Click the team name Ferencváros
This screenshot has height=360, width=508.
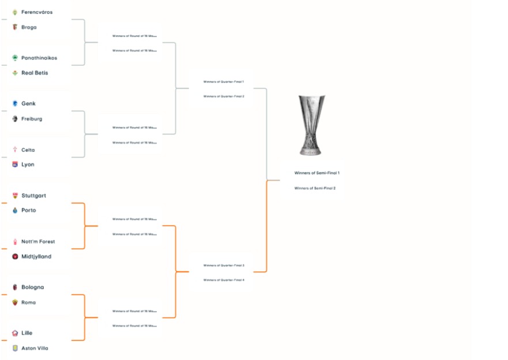point(37,12)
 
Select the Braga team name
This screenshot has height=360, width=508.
point(29,27)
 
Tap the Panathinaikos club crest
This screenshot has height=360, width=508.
point(15,58)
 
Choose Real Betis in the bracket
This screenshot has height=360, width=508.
point(35,73)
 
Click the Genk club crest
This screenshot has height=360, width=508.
point(15,103)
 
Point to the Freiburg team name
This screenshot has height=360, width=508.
point(32,119)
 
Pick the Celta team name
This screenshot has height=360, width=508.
point(28,150)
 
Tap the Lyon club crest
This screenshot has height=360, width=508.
point(15,164)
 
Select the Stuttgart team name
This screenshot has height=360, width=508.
point(33,196)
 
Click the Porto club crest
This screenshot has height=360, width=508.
point(15,211)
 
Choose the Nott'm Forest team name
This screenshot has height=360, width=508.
point(38,242)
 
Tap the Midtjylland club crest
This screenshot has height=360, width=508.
point(15,256)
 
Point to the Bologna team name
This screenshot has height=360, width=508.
point(32,287)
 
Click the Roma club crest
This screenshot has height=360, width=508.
point(15,302)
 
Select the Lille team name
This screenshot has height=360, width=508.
point(27,333)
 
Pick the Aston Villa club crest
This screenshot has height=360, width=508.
point(15,348)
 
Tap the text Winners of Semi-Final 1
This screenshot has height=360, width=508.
point(317,173)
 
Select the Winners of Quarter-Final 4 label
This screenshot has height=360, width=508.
point(224,280)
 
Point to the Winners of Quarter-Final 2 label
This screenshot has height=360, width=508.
point(224,96)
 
